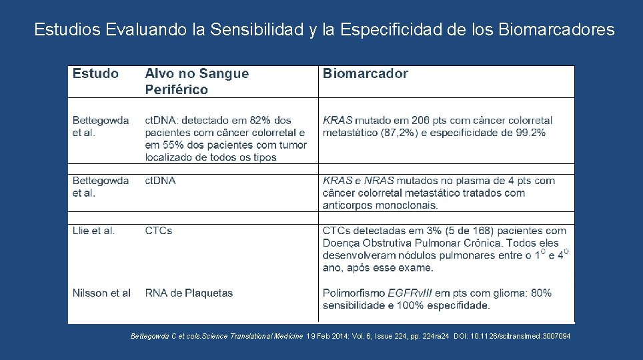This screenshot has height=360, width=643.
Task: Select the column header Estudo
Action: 95,73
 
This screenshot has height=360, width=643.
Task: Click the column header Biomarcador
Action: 365,73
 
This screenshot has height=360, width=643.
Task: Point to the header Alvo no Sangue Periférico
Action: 197,81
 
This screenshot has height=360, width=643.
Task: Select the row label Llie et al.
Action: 93,231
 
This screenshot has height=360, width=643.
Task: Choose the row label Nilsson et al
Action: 101,293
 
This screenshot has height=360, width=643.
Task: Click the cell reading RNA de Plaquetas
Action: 189,293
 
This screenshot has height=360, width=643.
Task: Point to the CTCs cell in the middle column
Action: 159,231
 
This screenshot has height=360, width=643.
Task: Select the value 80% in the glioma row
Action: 542,293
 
